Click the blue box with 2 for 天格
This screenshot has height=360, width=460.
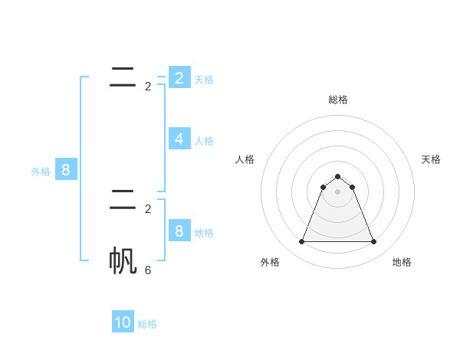179,77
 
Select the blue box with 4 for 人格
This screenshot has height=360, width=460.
179,139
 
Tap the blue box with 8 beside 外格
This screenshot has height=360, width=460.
65,169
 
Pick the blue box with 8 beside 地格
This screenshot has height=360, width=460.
179,231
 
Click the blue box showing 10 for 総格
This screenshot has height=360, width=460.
123,322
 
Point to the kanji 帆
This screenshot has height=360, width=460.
123,261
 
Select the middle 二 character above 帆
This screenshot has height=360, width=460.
123,200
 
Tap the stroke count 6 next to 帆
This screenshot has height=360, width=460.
148,270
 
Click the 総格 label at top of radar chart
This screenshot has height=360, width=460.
338,100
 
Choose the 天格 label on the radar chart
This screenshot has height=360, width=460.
431,159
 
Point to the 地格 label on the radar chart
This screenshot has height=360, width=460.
402,262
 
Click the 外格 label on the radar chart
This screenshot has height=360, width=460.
270,262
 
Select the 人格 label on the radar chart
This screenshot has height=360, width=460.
245,159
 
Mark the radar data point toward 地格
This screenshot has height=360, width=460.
373,242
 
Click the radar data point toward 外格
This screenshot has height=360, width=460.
301,242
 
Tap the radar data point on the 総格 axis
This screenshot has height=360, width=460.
337,177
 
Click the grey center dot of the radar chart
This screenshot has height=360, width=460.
337,191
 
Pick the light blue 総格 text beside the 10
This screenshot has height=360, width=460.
147,324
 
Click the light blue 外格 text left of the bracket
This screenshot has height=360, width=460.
41,172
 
